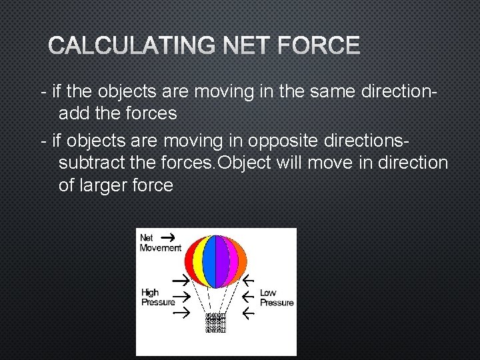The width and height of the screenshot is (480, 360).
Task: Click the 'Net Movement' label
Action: (x=159, y=243)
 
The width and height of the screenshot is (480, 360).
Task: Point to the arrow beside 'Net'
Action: (x=169, y=237)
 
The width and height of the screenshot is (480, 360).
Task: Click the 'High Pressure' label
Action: (x=158, y=297)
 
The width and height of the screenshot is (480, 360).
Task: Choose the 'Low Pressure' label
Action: (x=276, y=297)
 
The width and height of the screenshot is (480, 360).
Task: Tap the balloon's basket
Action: (x=215, y=322)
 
